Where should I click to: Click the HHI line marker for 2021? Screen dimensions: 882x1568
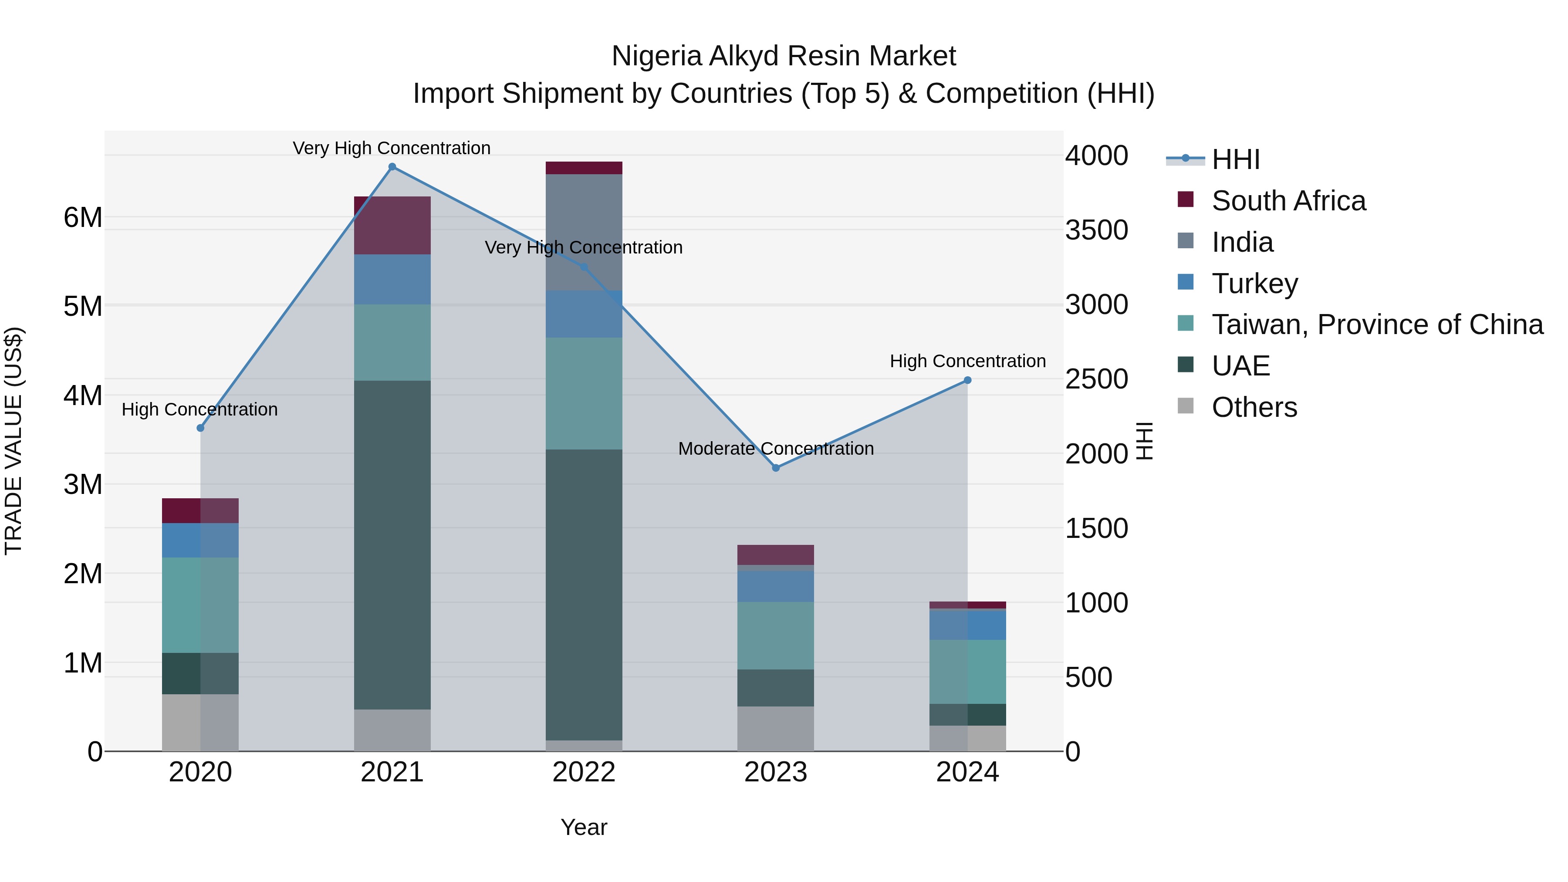tap(392, 167)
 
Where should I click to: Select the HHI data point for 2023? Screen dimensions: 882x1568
tap(775, 467)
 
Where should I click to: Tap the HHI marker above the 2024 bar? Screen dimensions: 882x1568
tap(967, 380)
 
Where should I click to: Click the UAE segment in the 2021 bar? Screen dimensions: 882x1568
tap(392, 545)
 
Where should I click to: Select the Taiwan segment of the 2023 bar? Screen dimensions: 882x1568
tap(775, 635)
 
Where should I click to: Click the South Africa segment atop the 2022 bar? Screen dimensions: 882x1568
tap(584, 168)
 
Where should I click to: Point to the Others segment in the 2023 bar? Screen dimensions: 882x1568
tap(775, 729)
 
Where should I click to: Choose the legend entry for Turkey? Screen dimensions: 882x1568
tap(1254, 284)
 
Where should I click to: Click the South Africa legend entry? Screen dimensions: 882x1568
tap(1288, 201)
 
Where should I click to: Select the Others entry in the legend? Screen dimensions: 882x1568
tap(1254, 407)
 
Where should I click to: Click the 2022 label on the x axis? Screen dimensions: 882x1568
tap(584, 772)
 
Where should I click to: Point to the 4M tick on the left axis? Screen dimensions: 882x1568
tap(83, 395)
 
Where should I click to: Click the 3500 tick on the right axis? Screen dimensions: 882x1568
tap(1096, 230)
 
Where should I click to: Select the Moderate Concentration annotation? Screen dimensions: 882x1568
tap(775, 449)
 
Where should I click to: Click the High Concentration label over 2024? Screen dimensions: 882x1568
tap(967, 361)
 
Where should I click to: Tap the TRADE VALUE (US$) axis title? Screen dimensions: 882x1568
tap(14, 441)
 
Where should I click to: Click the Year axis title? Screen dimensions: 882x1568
tap(584, 827)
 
